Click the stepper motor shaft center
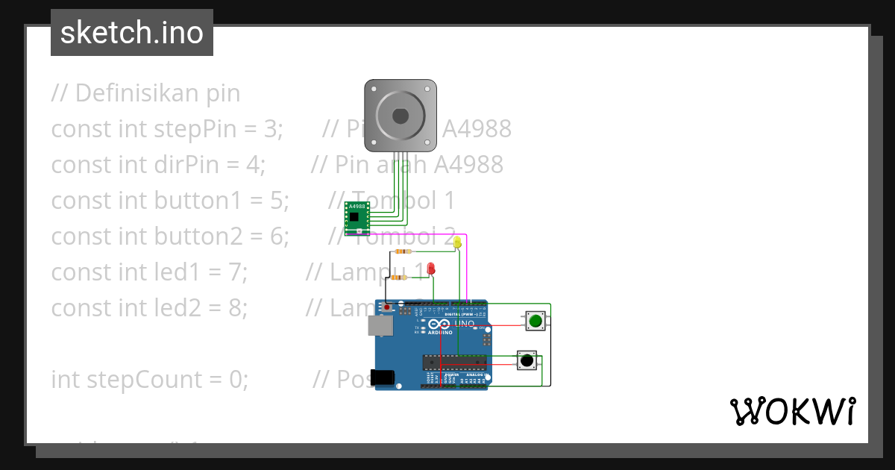click(x=401, y=116)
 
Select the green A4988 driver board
click(x=357, y=216)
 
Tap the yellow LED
click(x=458, y=242)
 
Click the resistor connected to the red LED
click(x=398, y=278)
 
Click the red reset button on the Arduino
click(x=388, y=306)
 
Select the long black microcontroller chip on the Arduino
click(x=454, y=363)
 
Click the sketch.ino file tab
click(x=132, y=33)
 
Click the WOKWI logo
click(x=791, y=411)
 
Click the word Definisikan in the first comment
click(x=127, y=93)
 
